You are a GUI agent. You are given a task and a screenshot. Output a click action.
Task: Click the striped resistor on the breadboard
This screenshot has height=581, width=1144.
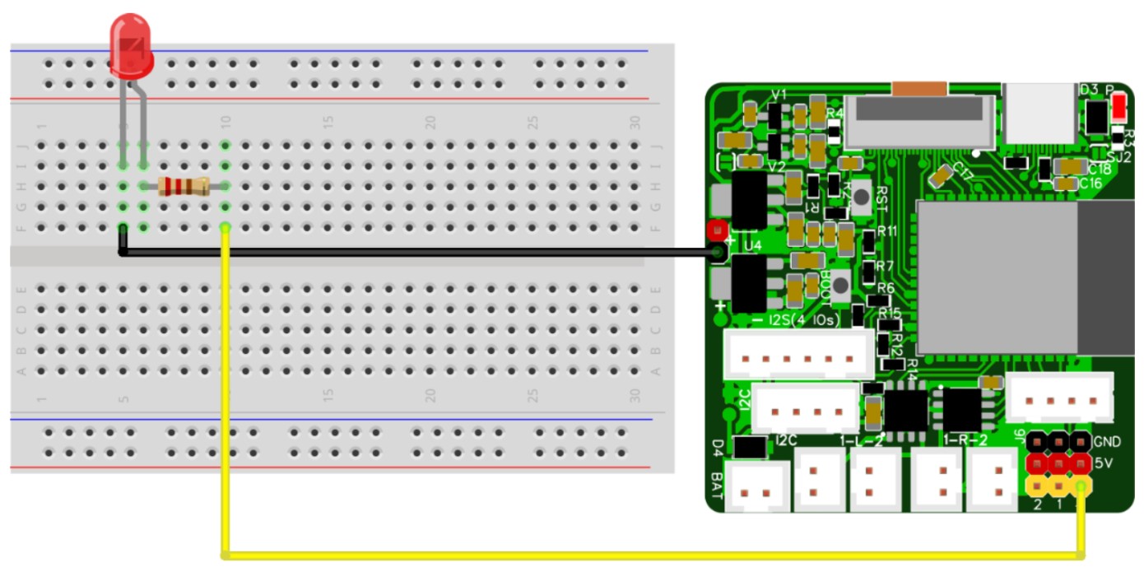pos(183,187)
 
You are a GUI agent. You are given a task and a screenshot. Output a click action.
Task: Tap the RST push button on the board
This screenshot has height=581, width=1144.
pos(861,196)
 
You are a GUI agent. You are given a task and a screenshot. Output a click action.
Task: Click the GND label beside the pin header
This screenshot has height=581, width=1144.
pos(1107,442)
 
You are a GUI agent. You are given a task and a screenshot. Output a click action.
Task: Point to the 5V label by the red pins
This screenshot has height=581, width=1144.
pos(1104,463)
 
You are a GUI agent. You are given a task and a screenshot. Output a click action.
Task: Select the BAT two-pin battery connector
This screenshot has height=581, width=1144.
pos(756,492)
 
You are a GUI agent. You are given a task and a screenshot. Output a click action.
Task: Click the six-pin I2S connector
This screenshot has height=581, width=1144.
pos(798,356)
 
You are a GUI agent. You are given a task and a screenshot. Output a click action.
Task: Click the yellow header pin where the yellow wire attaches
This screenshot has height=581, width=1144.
pos(1080,486)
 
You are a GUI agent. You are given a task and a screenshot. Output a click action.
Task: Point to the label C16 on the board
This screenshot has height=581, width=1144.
pos(1091,184)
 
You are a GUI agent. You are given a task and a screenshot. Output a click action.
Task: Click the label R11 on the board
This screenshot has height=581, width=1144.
pos(886,231)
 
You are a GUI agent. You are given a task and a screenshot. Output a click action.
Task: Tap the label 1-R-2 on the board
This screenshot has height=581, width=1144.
pos(965,441)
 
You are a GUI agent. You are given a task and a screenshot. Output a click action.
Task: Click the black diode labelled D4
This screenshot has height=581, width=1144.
pos(750,447)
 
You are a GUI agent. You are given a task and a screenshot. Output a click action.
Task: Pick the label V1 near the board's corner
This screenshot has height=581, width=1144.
pos(778,95)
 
